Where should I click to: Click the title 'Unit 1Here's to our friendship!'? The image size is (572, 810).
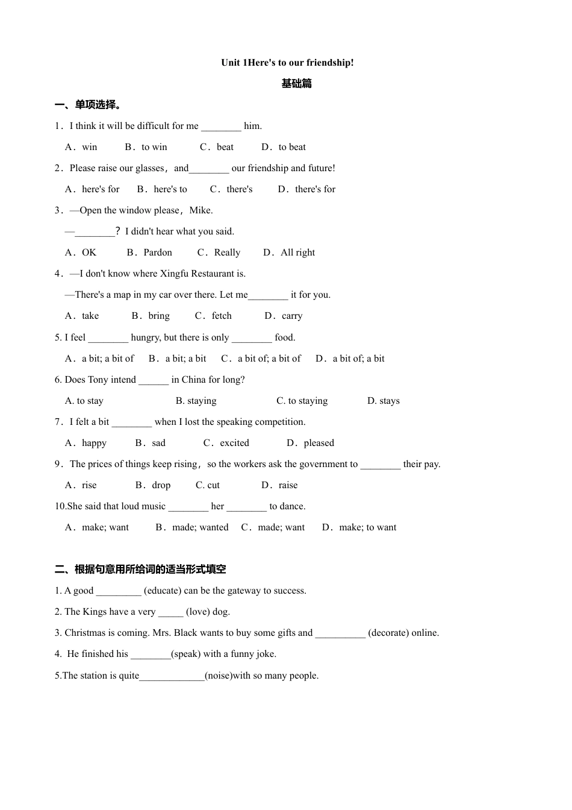point(287,63)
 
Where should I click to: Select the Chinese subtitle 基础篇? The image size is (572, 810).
point(296,84)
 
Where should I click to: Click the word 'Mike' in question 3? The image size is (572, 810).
point(201,210)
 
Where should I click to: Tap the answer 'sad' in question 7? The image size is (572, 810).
point(158,443)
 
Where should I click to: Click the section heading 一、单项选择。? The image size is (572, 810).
point(89,105)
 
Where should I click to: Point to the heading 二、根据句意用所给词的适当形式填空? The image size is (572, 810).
point(140,570)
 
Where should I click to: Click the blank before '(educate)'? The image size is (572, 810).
point(119,591)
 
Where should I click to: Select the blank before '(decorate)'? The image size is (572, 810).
point(340,633)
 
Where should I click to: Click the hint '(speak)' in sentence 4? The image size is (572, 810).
point(186,654)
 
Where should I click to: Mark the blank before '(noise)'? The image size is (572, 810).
point(172,676)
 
